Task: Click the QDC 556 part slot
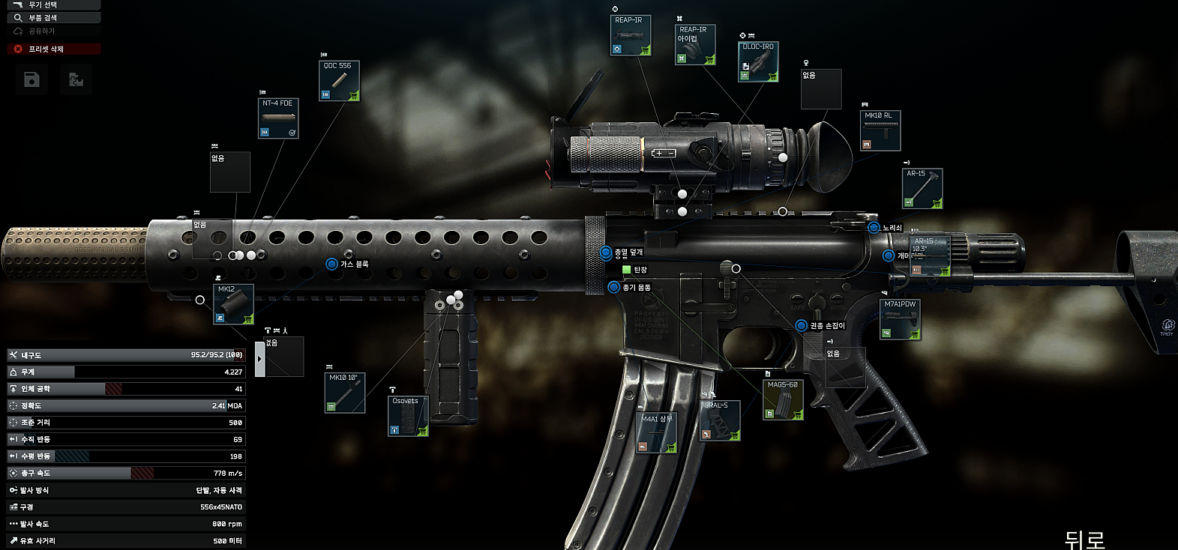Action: (339, 81)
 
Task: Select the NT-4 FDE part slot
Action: (278, 118)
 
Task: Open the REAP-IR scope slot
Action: (630, 35)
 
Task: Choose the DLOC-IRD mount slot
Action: (758, 61)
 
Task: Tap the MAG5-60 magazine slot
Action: (784, 400)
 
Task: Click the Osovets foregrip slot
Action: (408, 416)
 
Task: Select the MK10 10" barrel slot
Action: (345, 393)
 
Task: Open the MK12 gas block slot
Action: (233, 304)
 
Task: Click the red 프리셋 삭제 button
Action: (53, 49)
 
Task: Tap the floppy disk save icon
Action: (31, 79)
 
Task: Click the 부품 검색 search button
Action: (53, 17)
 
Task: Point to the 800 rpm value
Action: (226, 524)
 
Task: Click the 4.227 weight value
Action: (233, 372)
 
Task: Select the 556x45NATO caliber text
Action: (220, 507)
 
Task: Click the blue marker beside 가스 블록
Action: (331, 264)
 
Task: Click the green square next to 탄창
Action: (626, 269)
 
